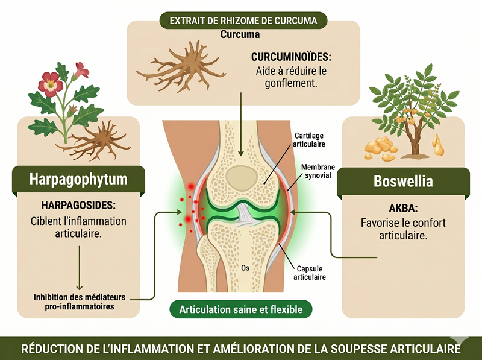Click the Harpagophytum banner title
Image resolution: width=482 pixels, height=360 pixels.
[x=78, y=179]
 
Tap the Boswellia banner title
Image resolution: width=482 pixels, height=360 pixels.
[x=403, y=182]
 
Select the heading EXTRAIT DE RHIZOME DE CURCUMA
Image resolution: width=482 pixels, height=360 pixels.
[x=243, y=21]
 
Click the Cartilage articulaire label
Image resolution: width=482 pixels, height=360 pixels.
[x=309, y=140]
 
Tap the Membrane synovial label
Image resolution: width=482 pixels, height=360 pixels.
[x=318, y=171]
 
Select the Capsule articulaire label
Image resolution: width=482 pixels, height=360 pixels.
[x=310, y=273]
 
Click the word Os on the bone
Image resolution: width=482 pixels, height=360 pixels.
[x=245, y=268]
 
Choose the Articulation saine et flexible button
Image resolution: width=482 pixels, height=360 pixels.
[x=241, y=309]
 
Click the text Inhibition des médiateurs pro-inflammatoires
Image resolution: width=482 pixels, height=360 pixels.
[x=80, y=302]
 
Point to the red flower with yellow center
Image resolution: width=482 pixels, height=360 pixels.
[x=51, y=84]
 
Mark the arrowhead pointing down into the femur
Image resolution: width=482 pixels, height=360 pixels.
[x=241, y=153]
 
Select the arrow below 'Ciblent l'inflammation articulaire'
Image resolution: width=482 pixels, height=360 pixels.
[x=80, y=268]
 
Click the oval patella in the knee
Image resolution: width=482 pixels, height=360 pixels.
[x=242, y=178]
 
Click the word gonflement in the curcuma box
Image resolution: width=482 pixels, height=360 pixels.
[x=290, y=83]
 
